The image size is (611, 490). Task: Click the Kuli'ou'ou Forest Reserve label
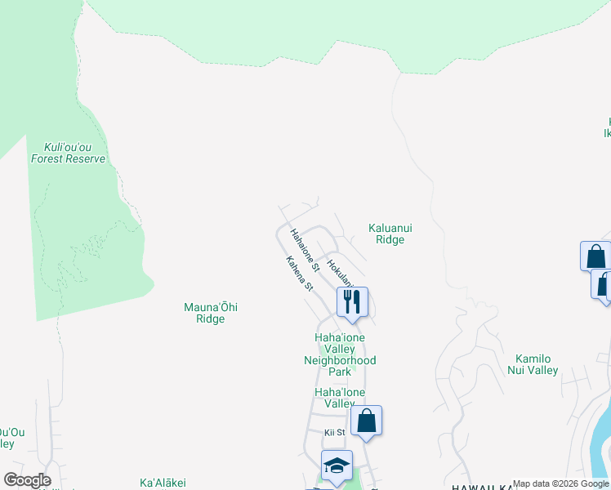pyautogui.click(x=69, y=154)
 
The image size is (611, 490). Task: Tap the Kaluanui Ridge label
pyautogui.click(x=386, y=234)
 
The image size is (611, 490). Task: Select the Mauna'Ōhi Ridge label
pyautogui.click(x=204, y=313)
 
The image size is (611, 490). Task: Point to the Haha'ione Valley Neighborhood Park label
pyautogui.click(x=340, y=354)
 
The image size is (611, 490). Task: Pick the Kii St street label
pyautogui.click(x=335, y=432)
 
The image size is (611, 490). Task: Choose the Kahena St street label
pyautogui.click(x=299, y=274)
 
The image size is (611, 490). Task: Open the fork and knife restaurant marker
pyautogui.click(x=352, y=301)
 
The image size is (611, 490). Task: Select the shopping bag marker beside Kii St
pyautogui.click(x=367, y=421)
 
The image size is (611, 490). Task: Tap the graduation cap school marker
pyautogui.click(x=337, y=465)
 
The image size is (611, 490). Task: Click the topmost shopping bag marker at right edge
pyautogui.click(x=595, y=256)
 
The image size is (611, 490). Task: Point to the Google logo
pyautogui.click(x=27, y=480)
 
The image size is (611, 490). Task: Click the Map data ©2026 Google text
pyautogui.click(x=561, y=483)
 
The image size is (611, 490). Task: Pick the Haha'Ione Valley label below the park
pyautogui.click(x=340, y=398)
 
